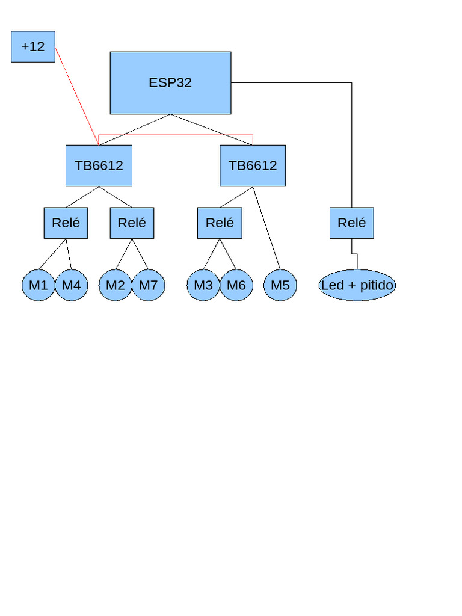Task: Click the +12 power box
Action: pyautogui.click(x=33, y=47)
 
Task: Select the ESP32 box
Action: pyautogui.click(x=170, y=83)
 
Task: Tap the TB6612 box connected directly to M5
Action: pyautogui.click(x=253, y=165)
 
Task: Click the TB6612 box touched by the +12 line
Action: pyautogui.click(x=99, y=165)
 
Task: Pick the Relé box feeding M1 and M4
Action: pyautogui.click(x=66, y=223)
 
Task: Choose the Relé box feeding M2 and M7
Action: pyautogui.click(x=132, y=223)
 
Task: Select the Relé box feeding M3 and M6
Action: pyautogui.click(x=220, y=223)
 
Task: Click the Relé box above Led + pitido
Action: pyautogui.click(x=351, y=223)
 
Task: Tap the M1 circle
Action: pyautogui.click(x=38, y=285)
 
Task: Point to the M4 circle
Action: pyautogui.click(x=71, y=285)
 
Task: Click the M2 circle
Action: pyautogui.click(x=115, y=285)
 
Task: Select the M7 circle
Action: pyautogui.click(x=148, y=285)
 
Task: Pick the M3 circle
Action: pyautogui.click(x=203, y=285)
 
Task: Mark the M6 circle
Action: pyautogui.click(x=236, y=285)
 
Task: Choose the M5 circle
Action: pyautogui.click(x=280, y=285)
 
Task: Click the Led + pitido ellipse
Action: pyautogui.click(x=357, y=285)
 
